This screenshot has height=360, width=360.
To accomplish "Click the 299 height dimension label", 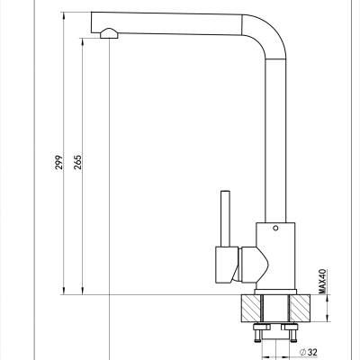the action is [59, 162].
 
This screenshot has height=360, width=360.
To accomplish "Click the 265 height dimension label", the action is [77, 162].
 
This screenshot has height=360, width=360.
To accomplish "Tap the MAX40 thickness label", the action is [322, 281].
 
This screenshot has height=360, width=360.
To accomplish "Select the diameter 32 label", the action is [309, 352].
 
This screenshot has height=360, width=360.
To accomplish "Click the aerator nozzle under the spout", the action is [109, 33].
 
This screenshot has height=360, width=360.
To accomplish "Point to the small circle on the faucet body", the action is [275, 228].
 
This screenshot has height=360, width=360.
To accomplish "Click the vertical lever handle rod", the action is [225, 219].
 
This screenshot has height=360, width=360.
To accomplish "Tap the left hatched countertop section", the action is [251, 309].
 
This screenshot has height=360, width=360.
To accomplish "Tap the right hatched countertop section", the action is [300, 309].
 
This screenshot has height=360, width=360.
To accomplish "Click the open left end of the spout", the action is [92, 22].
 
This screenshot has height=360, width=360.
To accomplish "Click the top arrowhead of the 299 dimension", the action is [64, 16].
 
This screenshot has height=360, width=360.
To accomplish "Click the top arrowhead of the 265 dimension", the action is [82, 42].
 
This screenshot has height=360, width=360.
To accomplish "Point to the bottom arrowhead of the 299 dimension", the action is [64, 291].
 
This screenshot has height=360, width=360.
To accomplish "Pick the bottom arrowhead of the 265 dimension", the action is [82, 291].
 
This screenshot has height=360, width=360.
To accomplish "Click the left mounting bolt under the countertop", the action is [258, 332].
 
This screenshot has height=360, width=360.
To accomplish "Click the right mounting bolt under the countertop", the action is [292, 332].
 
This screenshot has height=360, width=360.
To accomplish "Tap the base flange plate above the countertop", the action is [275, 292].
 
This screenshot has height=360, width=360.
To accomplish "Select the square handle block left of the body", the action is [226, 265].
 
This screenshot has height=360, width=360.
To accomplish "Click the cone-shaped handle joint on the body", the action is [254, 265].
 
